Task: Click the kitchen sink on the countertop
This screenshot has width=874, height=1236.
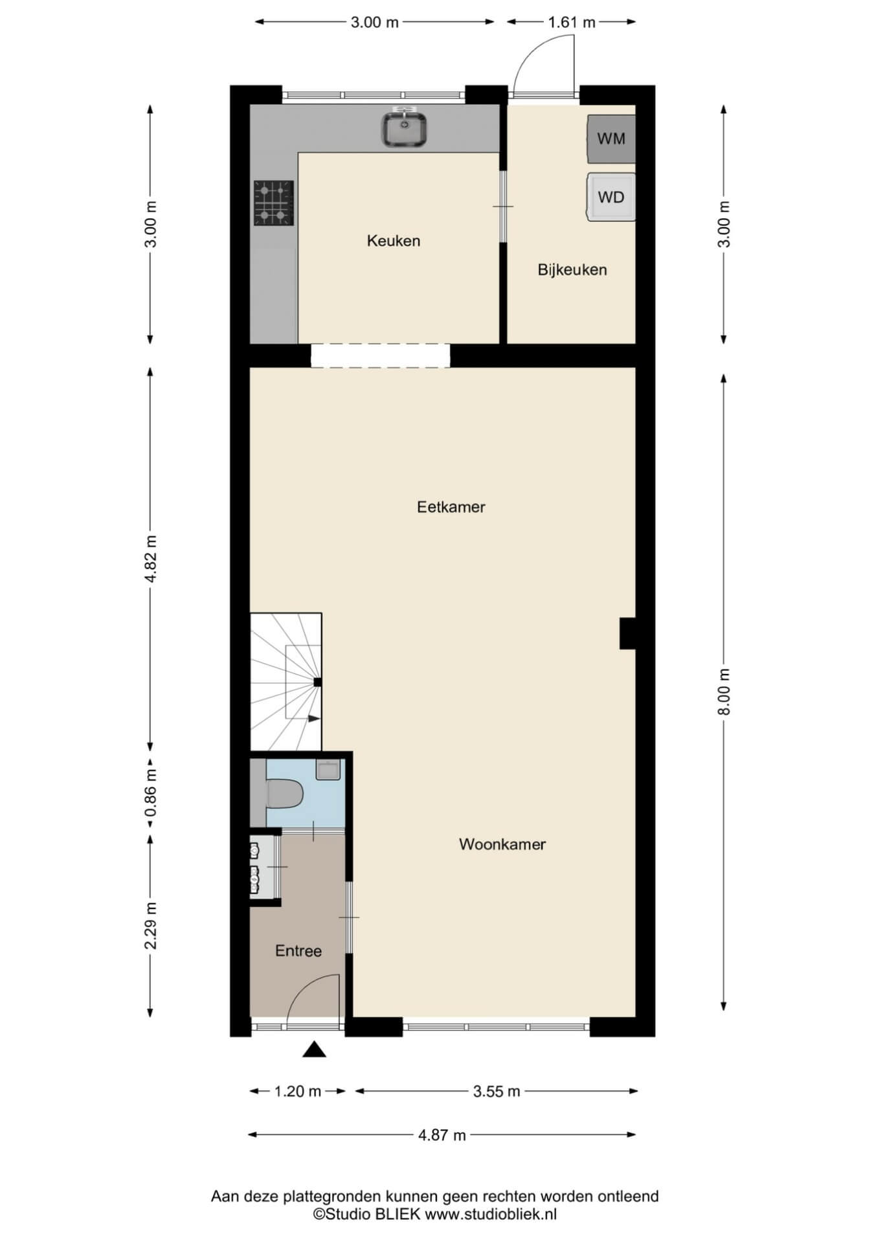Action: click(404, 128)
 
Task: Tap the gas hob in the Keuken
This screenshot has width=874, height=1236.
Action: click(273, 203)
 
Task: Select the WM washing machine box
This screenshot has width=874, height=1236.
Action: click(611, 139)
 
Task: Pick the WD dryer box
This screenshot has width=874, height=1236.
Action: click(611, 197)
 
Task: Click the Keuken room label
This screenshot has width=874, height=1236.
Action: click(394, 241)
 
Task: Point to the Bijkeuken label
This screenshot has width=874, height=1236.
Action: click(572, 270)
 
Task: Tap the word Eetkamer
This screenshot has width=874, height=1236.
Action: click(451, 507)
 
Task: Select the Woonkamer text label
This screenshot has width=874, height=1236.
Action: click(502, 844)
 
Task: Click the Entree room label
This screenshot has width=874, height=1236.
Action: click(298, 951)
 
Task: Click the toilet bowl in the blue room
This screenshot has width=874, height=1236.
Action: click(285, 794)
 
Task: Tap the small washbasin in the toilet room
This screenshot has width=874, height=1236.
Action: click(328, 770)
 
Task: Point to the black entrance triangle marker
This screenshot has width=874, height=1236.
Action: click(315, 1049)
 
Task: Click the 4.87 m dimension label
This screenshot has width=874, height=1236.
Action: click(442, 1134)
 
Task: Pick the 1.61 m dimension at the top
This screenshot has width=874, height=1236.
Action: click(572, 22)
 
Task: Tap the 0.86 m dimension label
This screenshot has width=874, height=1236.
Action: click(151, 794)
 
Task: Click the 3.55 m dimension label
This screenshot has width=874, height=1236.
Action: click(497, 1091)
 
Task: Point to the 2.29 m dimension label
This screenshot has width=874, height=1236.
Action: click(151, 925)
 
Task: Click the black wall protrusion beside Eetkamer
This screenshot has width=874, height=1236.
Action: click(628, 633)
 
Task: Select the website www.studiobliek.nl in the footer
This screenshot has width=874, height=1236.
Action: click(491, 1215)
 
